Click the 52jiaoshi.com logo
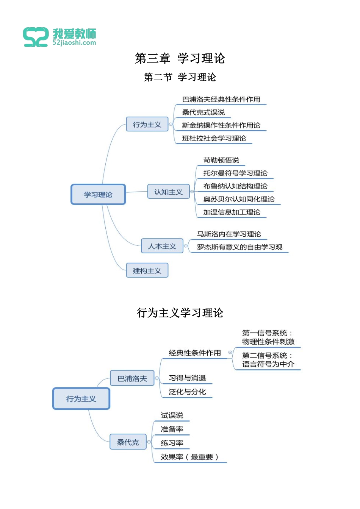point(59,37)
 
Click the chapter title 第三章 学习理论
point(180,58)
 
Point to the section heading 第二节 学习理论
point(180,77)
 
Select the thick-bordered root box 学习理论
point(98,195)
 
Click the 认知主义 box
point(168,192)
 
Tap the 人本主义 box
point(162,247)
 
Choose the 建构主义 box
point(147,271)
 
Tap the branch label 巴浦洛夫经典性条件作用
point(221,100)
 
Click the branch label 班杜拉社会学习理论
point(214,139)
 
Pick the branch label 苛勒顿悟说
point(221,161)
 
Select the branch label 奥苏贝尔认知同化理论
point(239,199)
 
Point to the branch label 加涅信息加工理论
point(232,212)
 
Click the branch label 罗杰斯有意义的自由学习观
point(239,247)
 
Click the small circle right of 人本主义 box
point(186,246)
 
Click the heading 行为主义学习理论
point(180,313)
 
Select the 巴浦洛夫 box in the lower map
point(132,378)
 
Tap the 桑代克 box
point(128,442)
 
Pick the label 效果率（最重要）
point(190,457)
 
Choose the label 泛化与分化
point(187,392)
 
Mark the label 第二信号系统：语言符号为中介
point(268,360)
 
